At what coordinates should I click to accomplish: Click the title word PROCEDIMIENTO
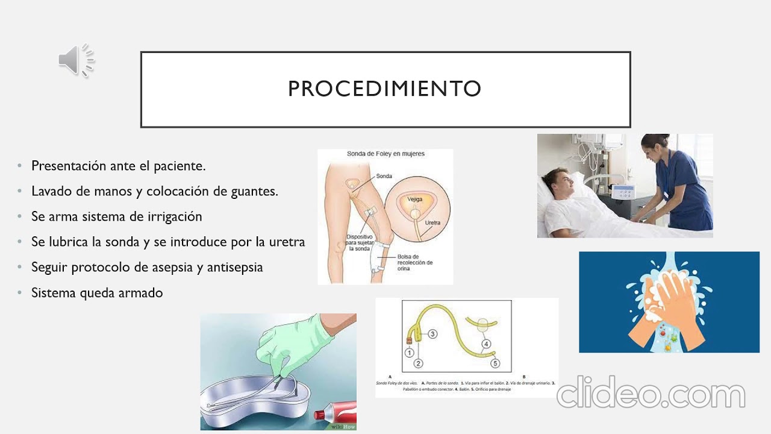coord(384,89)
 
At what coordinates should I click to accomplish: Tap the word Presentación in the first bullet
coord(69,166)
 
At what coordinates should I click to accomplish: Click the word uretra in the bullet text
coord(287,242)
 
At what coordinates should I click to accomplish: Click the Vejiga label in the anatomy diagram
coord(415,198)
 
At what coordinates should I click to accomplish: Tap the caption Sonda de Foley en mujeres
coord(385,154)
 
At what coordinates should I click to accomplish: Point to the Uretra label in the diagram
coord(432,223)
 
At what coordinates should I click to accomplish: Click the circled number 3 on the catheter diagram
coord(432,333)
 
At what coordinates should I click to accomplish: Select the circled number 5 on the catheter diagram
coord(495,363)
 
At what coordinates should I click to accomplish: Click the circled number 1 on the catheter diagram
coord(409,353)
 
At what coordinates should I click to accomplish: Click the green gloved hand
coord(289,344)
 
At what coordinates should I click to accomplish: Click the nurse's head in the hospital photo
coord(652,146)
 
